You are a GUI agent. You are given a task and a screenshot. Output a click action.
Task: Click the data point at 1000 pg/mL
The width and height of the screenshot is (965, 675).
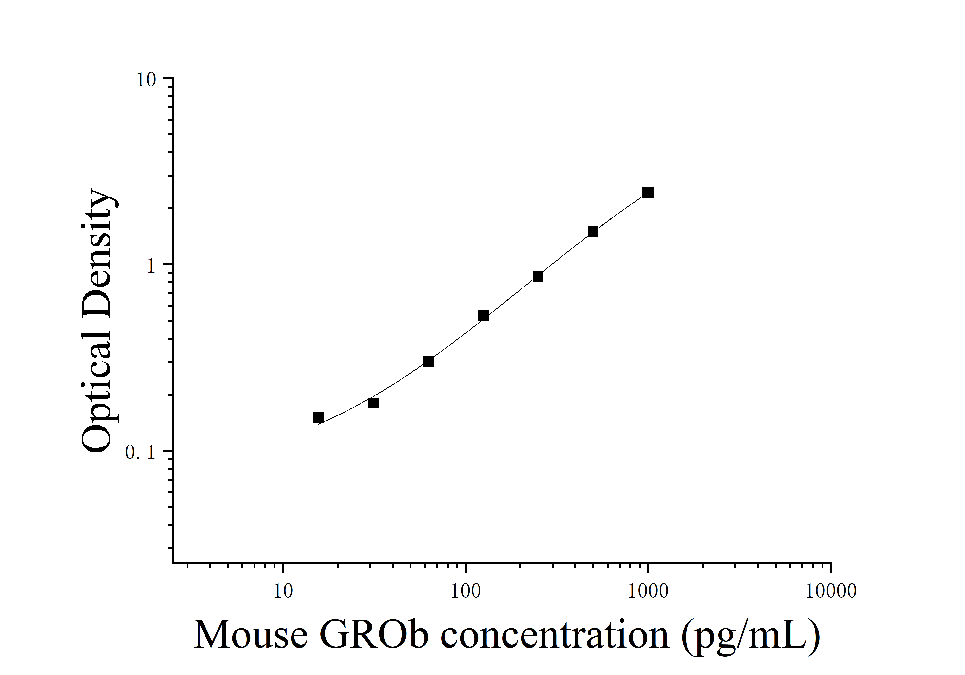[x=648, y=193]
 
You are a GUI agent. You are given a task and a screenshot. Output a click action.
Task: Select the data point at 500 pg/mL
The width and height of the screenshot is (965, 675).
[x=593, y=231]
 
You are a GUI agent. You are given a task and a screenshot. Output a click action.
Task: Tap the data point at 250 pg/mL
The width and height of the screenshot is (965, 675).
[x=538, y=276]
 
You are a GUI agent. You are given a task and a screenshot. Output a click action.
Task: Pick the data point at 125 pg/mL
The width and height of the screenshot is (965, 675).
[x=483, y=316]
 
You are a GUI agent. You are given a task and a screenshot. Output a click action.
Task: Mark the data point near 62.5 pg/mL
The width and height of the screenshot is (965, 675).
[x=428, y=362]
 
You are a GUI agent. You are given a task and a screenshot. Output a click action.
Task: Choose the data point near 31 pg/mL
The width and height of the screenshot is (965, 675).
[x=373, y=403]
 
